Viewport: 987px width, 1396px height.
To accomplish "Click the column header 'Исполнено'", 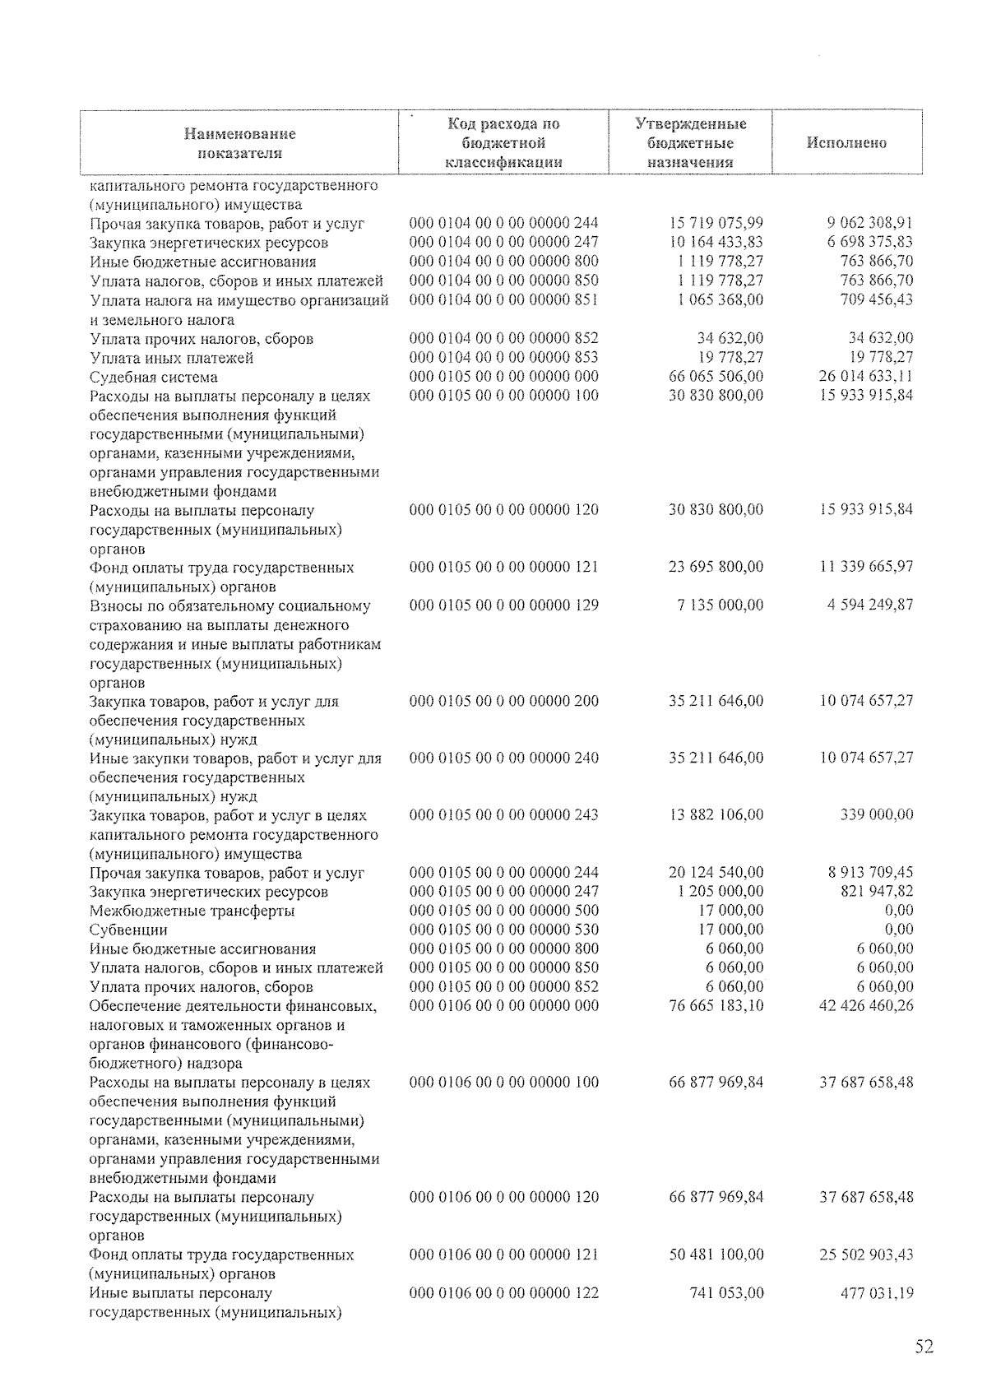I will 846,143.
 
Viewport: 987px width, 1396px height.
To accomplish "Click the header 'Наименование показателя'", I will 239,143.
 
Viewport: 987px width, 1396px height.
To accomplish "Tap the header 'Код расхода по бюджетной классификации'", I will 503,143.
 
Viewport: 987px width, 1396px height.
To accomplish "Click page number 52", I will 924,1347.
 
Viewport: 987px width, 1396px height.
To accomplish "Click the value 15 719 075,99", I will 716,223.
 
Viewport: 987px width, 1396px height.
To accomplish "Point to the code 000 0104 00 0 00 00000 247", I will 503,242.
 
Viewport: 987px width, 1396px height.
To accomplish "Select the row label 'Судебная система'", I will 154,378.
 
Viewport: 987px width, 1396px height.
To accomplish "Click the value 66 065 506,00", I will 716,377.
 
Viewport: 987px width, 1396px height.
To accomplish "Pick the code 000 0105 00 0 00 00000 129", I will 503,605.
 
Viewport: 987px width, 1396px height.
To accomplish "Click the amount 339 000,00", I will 879,815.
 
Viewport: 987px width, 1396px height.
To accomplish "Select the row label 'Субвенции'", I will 128,930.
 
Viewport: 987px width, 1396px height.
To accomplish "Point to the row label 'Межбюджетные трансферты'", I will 192,911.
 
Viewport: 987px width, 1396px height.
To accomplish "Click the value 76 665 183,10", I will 716,1006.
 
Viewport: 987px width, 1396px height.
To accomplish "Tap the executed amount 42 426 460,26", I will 866,1006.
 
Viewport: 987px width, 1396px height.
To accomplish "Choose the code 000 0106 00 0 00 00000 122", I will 503,1293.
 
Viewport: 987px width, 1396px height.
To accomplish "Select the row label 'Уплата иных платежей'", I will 171,359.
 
